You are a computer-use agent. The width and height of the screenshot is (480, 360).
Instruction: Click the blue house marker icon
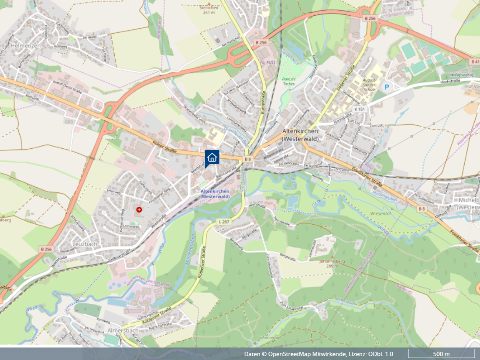[212, 158]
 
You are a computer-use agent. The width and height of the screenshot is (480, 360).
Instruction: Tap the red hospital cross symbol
[139, 210]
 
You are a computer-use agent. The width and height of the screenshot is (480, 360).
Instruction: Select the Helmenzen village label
[26, 45]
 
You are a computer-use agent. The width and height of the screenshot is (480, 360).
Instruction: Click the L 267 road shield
[223, 222]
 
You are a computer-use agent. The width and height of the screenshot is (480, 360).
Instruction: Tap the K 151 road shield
[360, 109]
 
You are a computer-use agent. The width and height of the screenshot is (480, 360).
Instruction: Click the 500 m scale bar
[441, 354]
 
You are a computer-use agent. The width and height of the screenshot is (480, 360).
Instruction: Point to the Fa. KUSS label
[267, 62]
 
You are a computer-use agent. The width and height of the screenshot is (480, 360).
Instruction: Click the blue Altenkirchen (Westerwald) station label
[215, 194]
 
